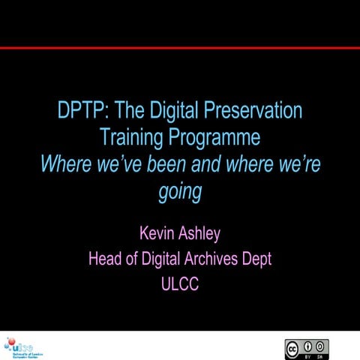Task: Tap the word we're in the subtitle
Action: coord(296,165)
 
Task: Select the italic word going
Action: coord(180,192)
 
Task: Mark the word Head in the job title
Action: coord(105,260)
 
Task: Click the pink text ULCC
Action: coord(180,284)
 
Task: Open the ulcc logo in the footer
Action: coord(22,347)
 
